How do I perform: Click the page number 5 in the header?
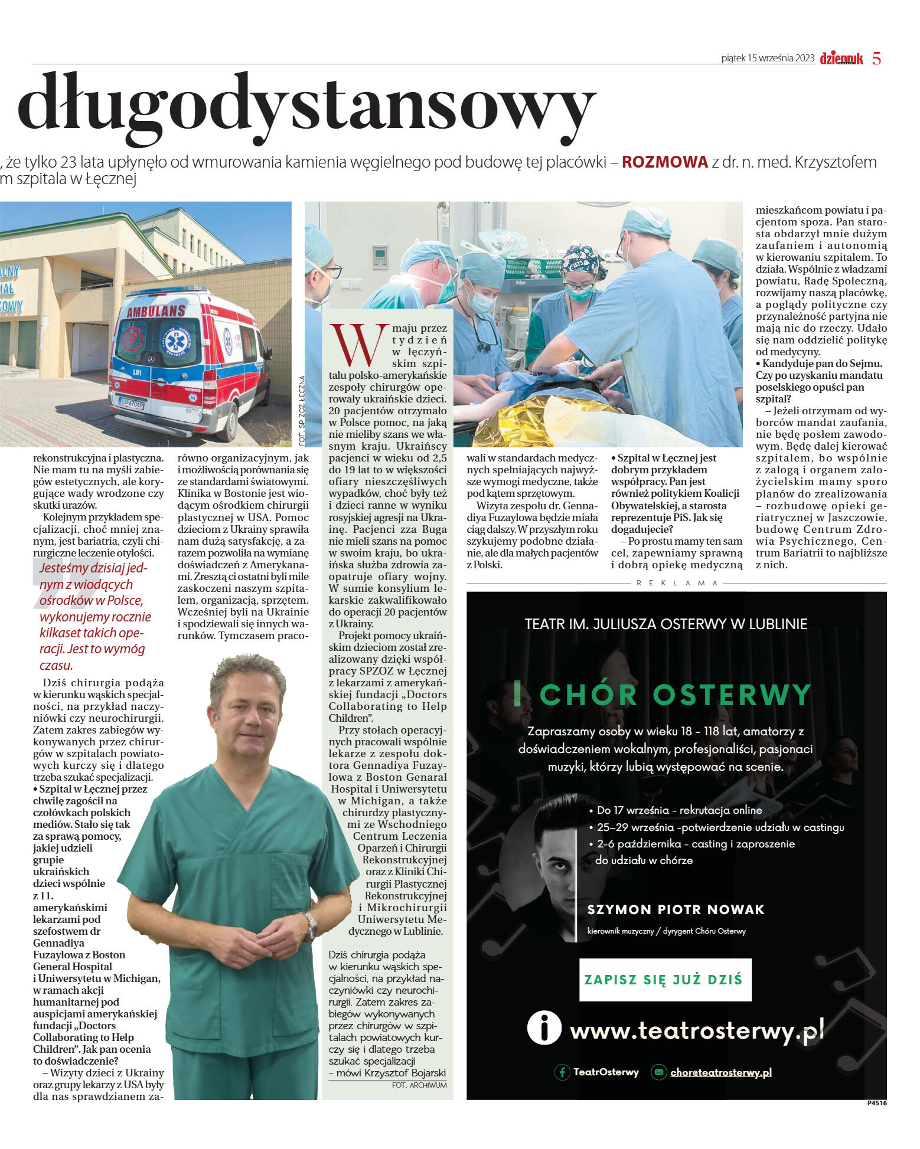pyautogui.click(x=876, y=58)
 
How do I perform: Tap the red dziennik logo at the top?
pyautogui.click(x=841, y=58)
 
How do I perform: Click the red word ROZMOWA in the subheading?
pyautogui.click(x=664, y=162)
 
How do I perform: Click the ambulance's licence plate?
pyautogui.click(x=131, y=403)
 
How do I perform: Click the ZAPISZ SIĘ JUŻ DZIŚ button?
pyautogui.click(x=665, y=979)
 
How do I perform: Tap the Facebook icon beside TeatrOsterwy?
pyautogui.click(x=562, y=1072)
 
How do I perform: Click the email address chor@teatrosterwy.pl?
pyautogui.click(x=720, y=1072)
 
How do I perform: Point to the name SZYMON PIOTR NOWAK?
pyautogui.click(x=676, y=909)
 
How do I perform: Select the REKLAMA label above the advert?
pyautogui.click(x=677, y=583)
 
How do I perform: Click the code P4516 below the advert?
pyautogui.click(x=876, y=1102)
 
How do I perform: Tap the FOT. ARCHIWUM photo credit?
pyautogui.click(x=419, y=1085)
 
